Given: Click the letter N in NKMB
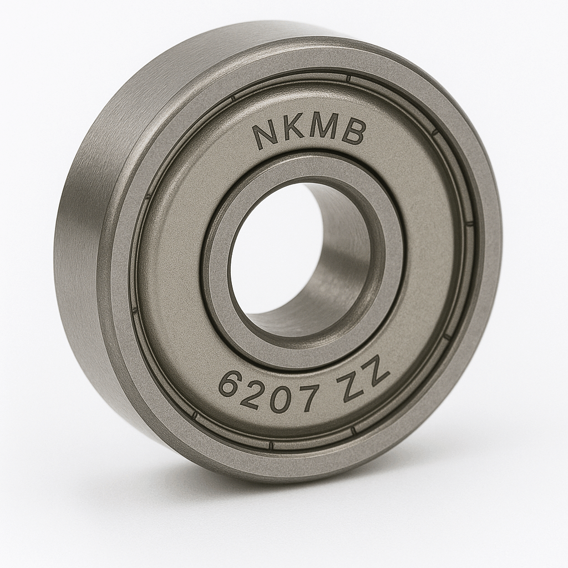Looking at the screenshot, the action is tap(267, 136).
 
